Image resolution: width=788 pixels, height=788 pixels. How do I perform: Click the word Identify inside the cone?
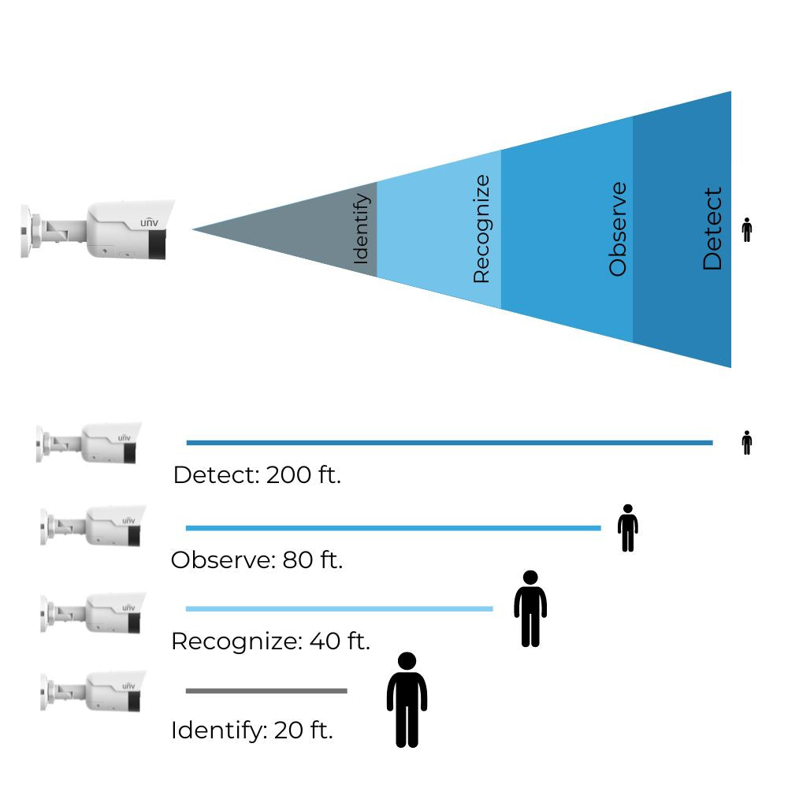tap(362, 229)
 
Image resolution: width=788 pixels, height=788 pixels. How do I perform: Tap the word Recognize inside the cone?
tap(481, 229)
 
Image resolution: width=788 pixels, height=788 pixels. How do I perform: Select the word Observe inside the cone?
tap(618, 229)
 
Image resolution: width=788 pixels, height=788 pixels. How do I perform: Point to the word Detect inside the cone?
tap(712, 229)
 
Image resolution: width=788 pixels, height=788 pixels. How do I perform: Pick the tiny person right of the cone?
tap(747, 229)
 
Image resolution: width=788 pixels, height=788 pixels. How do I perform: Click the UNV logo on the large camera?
tap(149, 223)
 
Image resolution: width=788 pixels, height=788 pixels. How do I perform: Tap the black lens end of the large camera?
tap(158, 245)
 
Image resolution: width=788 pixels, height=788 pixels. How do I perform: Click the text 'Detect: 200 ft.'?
tap(257, 476)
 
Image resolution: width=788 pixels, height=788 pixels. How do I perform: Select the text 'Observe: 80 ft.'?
tap(257, 560)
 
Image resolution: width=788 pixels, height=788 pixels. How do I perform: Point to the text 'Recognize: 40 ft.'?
tap(270, 641)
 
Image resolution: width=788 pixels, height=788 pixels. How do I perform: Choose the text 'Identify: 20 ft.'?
tap(252, 730)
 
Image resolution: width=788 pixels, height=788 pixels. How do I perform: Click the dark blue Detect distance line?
tap(449, 443)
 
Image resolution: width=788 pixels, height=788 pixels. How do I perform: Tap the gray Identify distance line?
tap(266, 691)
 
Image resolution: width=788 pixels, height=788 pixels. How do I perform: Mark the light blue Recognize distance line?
tap(339, 608)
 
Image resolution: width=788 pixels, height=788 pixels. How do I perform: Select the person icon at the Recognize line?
tap(530, 608)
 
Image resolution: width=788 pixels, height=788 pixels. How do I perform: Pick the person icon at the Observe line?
tap(627, 528)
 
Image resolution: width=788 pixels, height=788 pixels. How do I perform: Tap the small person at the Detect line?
tap(747, 443)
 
